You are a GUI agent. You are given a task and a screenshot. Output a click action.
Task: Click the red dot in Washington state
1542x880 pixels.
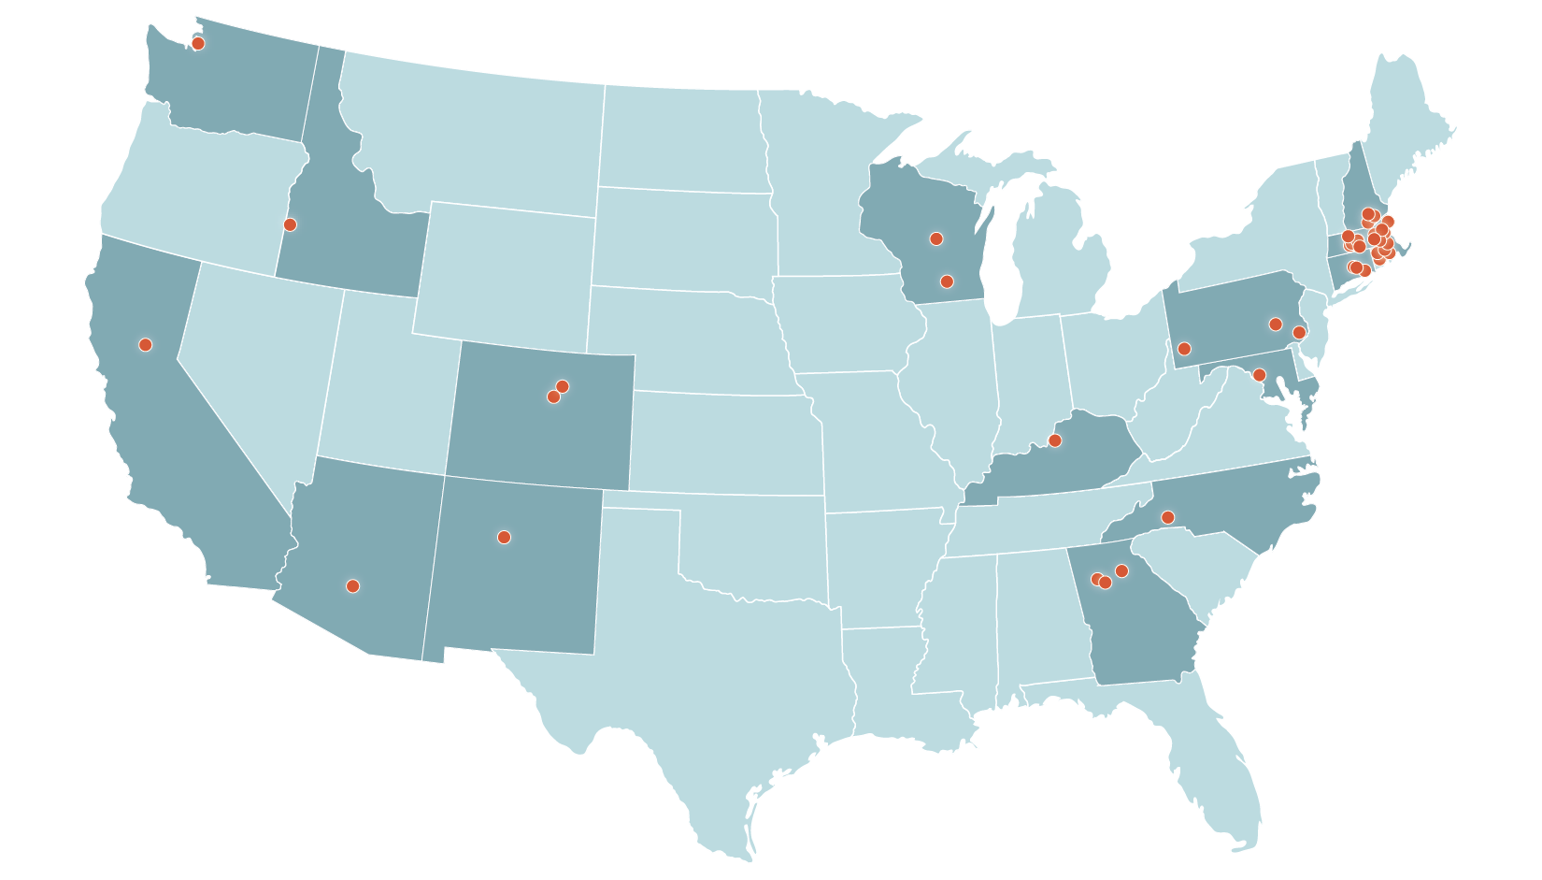[198, 43]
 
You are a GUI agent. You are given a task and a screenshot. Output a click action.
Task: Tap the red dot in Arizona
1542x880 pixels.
[352, 586]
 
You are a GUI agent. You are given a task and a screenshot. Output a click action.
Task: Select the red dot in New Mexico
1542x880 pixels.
[504, 537]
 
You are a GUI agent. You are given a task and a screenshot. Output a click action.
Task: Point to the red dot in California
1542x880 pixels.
[145, 344]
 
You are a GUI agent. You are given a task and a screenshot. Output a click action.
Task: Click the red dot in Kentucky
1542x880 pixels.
[1055, 440]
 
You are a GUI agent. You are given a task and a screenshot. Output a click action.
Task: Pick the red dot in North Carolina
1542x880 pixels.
[1167, 517]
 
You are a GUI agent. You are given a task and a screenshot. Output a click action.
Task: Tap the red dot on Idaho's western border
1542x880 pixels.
[290, 224]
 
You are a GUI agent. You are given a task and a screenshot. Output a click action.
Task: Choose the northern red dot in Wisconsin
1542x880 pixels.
[936, 238]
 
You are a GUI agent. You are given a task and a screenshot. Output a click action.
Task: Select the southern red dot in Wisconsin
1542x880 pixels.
[947, 281]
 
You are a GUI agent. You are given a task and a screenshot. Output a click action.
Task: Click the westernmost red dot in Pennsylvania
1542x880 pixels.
[1184, 349]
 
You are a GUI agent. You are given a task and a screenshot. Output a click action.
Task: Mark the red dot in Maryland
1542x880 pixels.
[1259, 375]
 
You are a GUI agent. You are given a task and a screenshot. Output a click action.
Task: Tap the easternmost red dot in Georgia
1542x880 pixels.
[1122, 570]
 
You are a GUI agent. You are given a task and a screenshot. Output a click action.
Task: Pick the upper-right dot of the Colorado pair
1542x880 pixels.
[563, 386]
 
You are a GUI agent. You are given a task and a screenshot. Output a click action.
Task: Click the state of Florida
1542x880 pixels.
[1215, 767]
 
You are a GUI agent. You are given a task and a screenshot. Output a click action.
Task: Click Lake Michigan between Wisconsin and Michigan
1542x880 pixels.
[1006, 271]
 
